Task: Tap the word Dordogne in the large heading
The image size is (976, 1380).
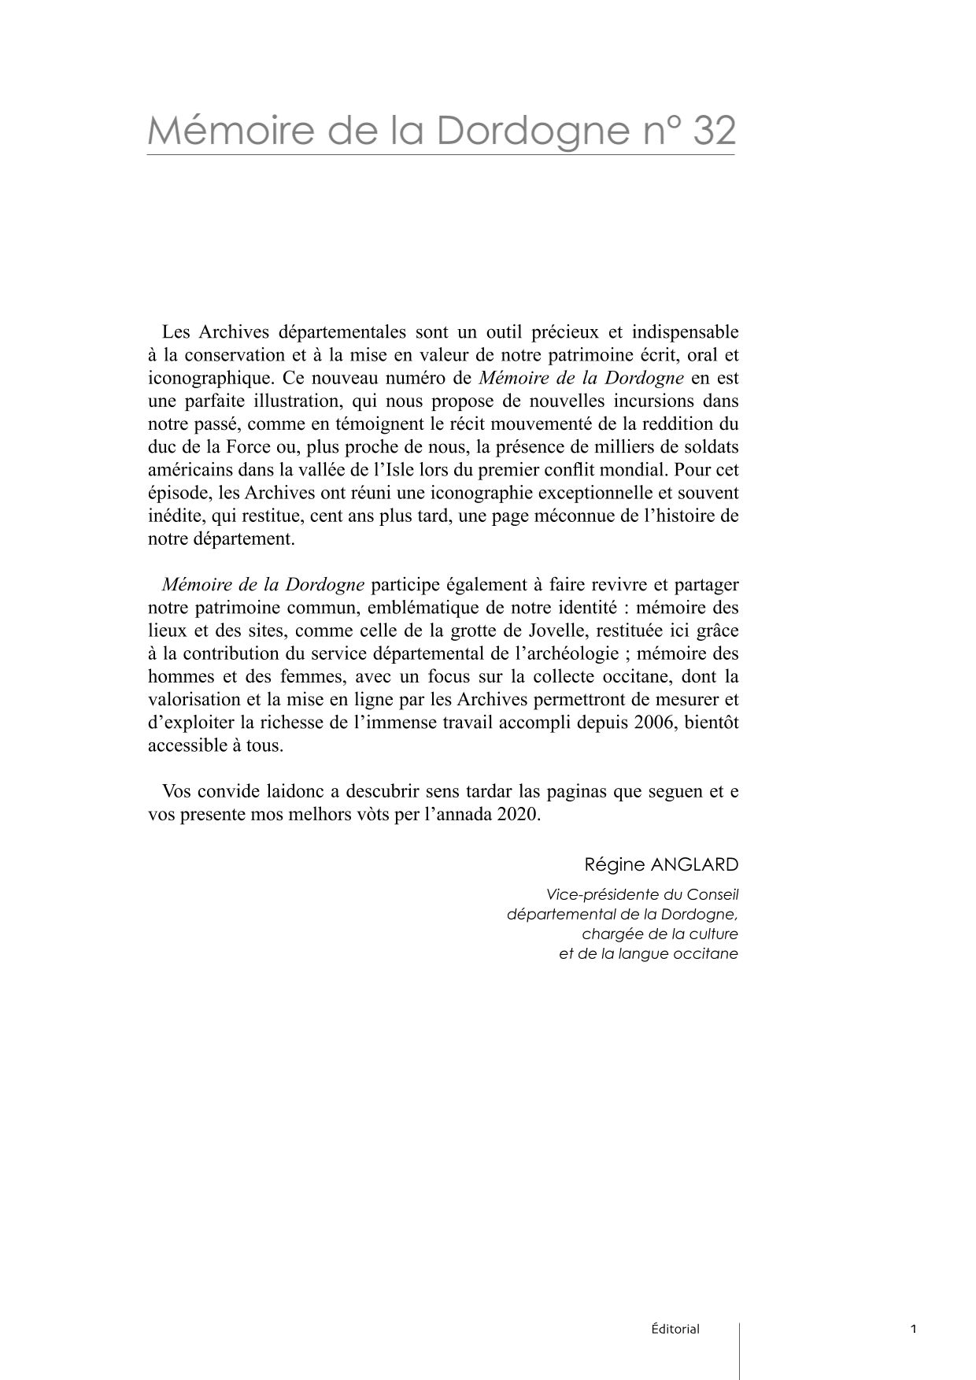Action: pos(528,131)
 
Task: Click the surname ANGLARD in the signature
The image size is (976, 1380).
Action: pos(695,864)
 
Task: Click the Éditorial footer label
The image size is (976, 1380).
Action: pos(675,1330)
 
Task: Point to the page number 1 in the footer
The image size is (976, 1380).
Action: pos(913,1330)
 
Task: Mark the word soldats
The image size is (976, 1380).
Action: pos(712,447)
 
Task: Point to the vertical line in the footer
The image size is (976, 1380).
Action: pos(739,1350)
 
